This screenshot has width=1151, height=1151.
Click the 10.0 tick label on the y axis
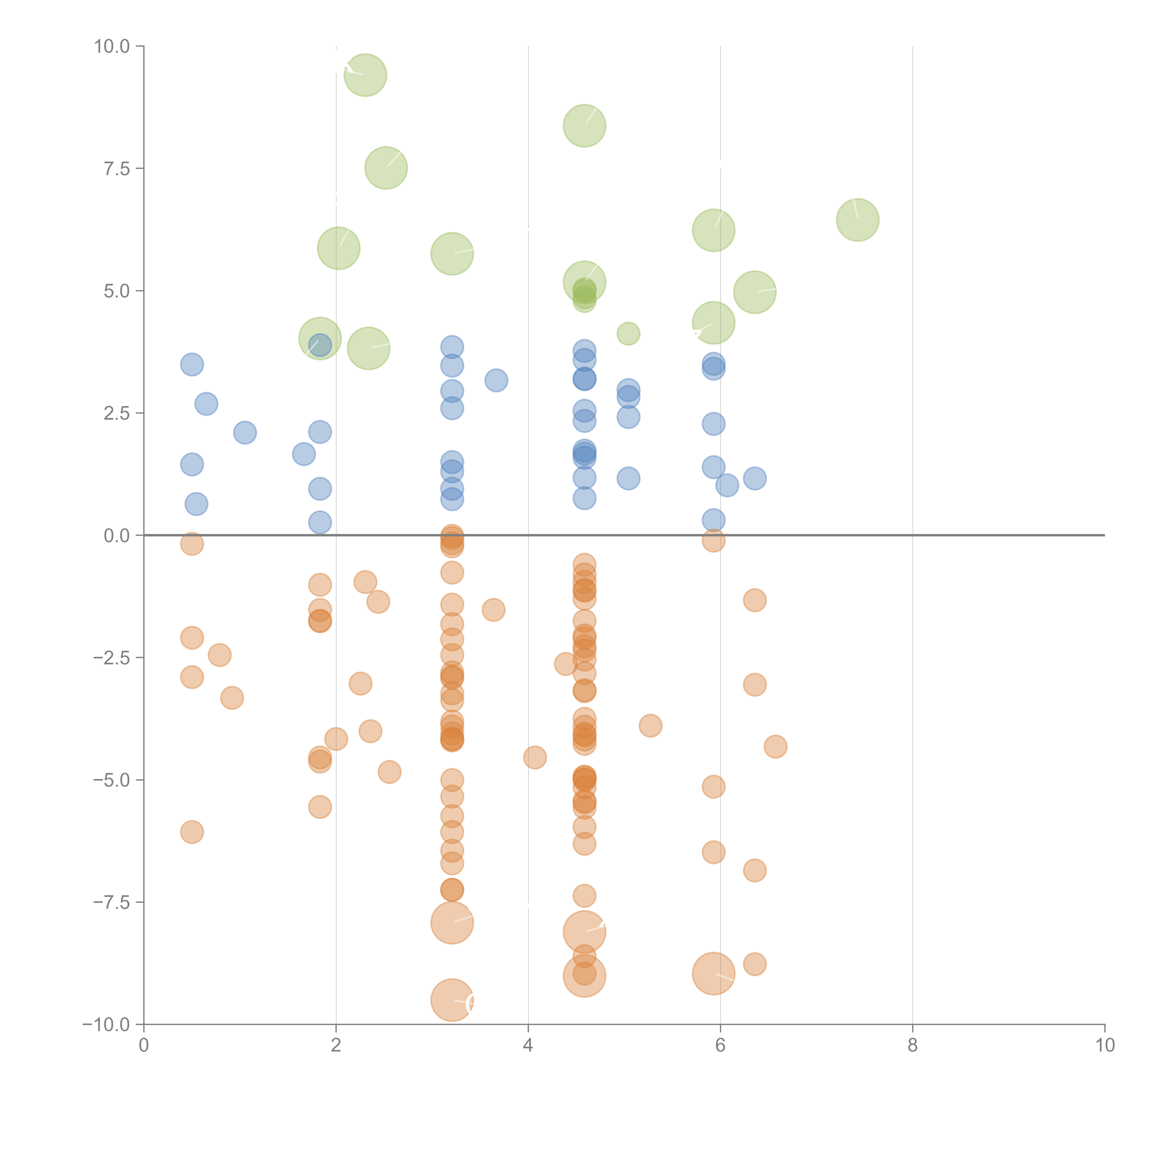coord(111,47)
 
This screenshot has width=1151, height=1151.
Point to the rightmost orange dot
coord(775,747)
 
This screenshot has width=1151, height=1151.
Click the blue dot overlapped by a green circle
coord(320,345)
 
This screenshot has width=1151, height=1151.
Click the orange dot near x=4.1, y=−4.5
coord(535,757)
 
